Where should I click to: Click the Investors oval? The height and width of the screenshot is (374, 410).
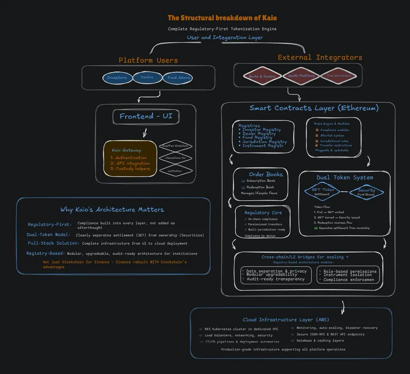[x=117, y=78]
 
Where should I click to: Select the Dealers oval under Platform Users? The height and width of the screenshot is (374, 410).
[x=147, y=77]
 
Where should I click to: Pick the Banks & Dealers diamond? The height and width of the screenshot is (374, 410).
[x=262, y=76]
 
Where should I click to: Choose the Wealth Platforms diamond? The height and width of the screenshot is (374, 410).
[x=301, y=76]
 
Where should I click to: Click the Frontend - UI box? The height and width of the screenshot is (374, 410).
[x=146, y=116]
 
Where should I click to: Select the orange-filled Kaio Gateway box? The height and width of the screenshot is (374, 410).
[x=130, y=159]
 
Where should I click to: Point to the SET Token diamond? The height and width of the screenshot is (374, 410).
[x=323, y=192]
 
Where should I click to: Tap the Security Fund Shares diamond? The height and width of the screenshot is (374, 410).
[x=366, y=192]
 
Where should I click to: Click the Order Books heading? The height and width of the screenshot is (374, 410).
[x=265, y=174]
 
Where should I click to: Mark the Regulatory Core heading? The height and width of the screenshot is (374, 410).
[x=263, y=213]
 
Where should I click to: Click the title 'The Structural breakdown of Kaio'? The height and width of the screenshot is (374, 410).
[x=222, y=18]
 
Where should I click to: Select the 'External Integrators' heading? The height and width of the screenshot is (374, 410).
[x=320, y=57]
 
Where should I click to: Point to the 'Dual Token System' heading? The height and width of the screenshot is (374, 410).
[x=345, y=177]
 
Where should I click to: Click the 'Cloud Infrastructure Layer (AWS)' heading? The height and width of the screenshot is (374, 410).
[x=286, y=320]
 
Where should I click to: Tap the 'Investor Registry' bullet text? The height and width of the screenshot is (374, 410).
[x=261, y=130]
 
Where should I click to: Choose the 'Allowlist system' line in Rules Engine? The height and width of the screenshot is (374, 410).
[x=332, y=135]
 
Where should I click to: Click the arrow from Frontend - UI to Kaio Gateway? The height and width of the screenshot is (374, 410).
[x=145, y=132]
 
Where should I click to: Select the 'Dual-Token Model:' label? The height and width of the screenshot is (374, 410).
[x=49, y=235]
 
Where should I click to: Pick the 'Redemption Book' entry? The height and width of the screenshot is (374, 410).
[x=260, y=187]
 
